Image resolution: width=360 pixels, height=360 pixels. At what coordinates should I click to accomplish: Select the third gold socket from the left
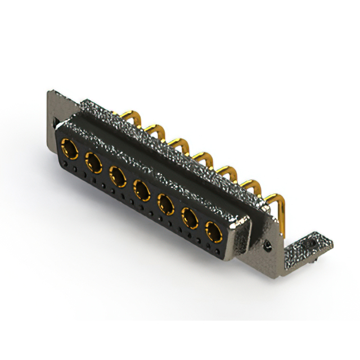coord(117,176)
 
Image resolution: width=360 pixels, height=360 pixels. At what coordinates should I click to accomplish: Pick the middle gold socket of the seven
coord(141,190)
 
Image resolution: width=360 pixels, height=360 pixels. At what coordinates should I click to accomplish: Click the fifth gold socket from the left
coord(165,202)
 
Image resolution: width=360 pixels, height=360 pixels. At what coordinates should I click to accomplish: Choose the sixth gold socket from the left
coord(190,217)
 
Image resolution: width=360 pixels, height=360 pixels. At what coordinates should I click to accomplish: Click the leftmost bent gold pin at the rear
coord(127,116)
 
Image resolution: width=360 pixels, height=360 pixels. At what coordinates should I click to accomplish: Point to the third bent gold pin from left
coord(176,143)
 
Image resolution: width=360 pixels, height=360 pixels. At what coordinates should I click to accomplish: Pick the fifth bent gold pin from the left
coord(224,169)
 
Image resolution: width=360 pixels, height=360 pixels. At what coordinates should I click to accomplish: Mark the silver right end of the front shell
coord(240,238)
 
